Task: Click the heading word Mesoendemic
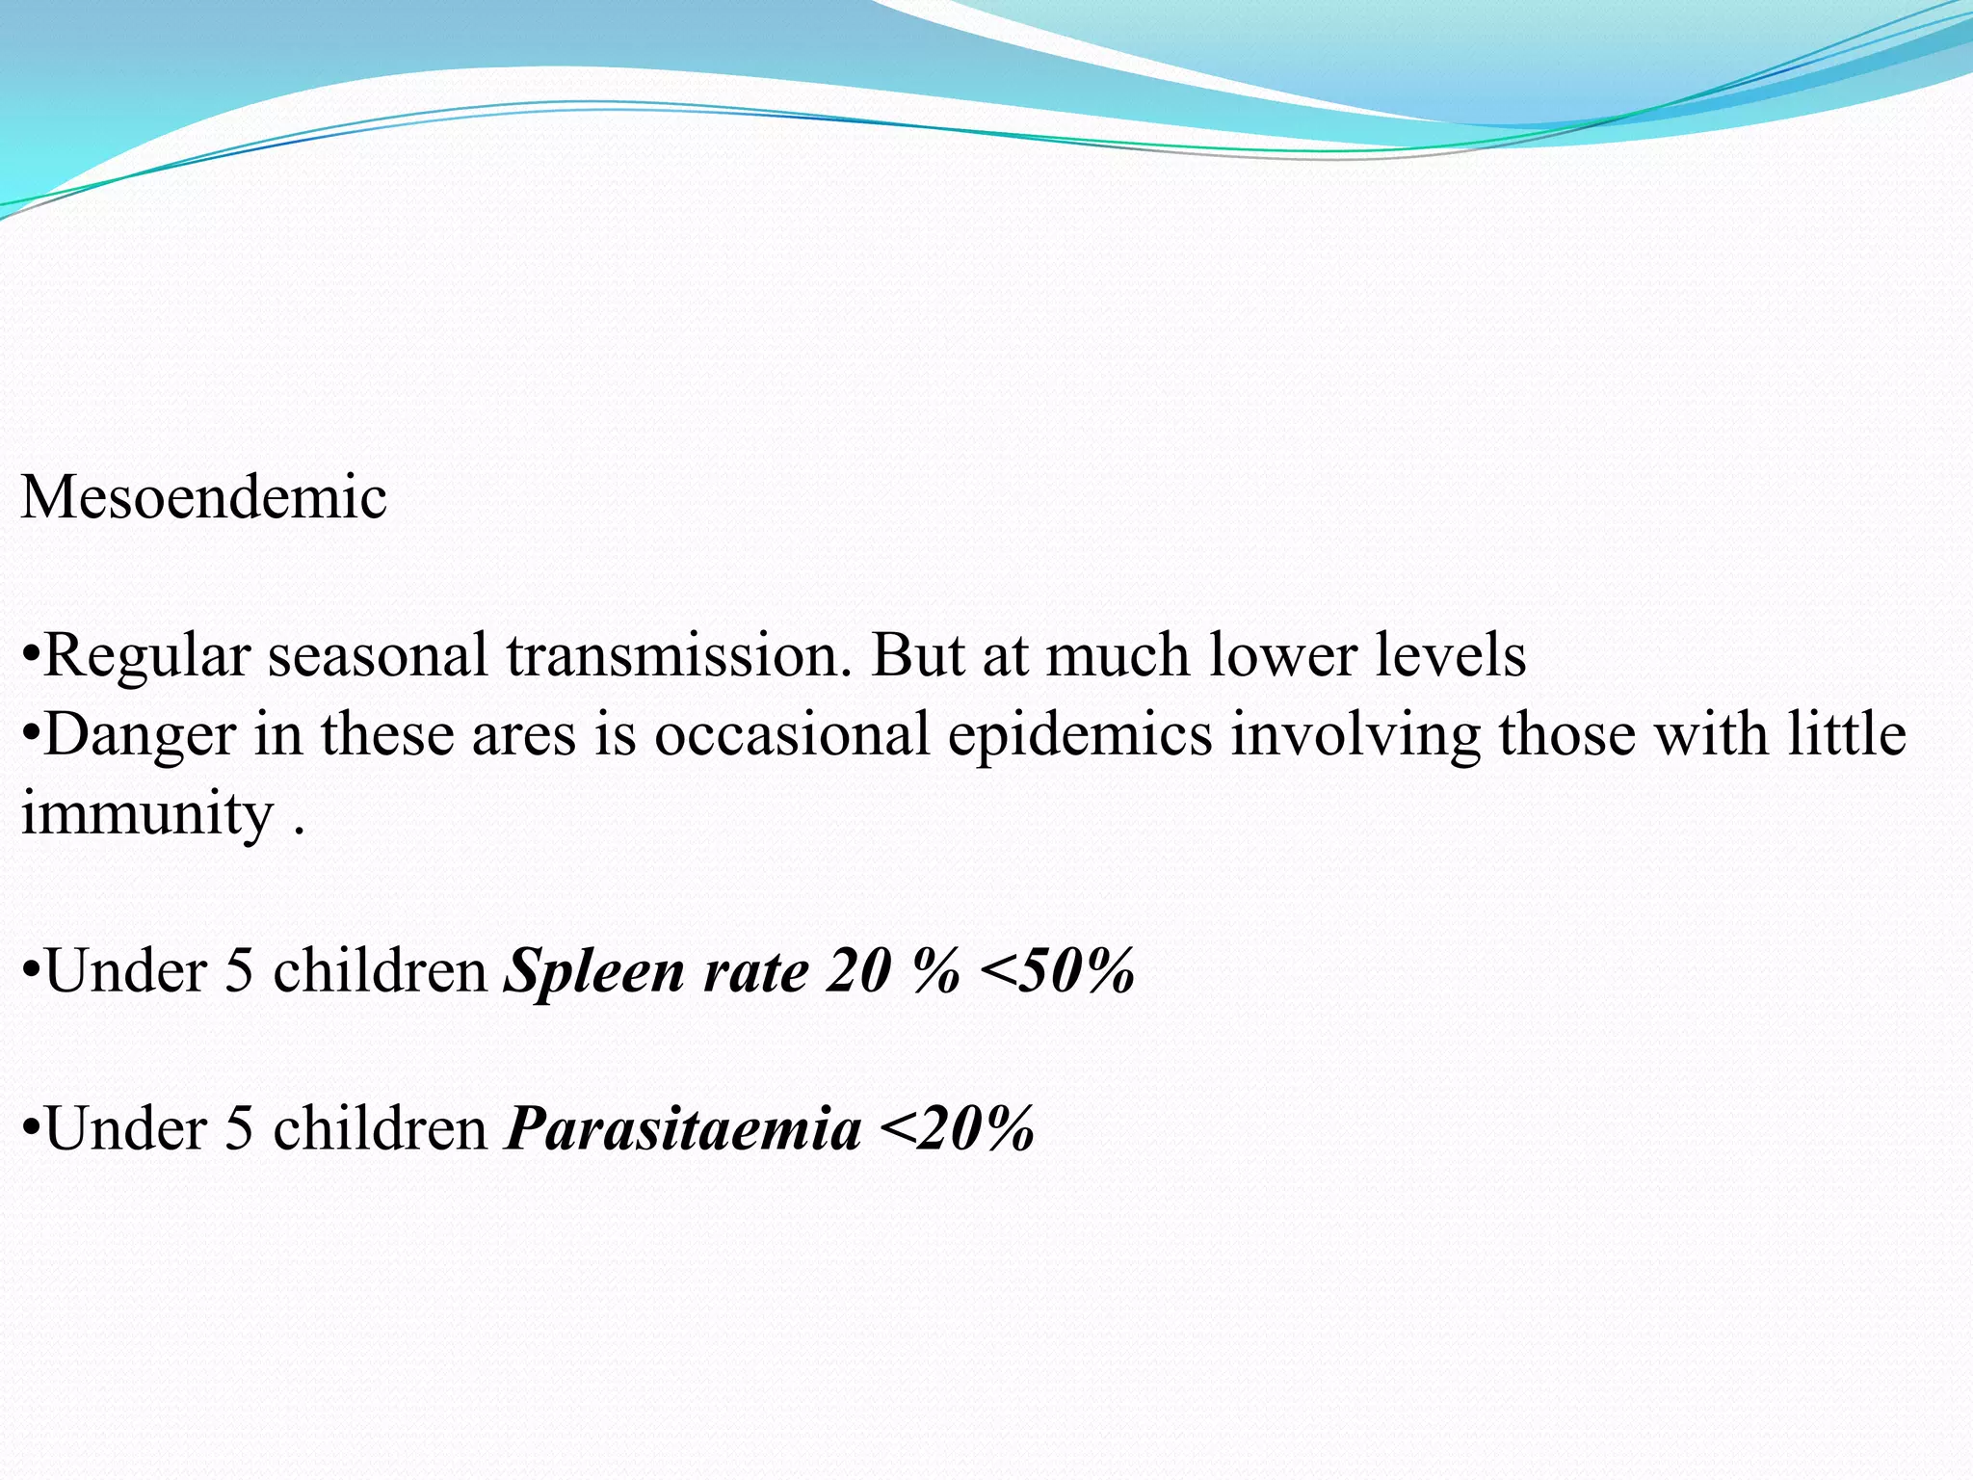(203, 498)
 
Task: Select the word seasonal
(378, 656)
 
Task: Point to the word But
(917, 656)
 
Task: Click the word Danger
(140, 736)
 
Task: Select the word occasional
(792, 736)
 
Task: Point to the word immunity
(147, 815)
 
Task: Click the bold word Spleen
(594, 971)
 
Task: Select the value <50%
(1057, 971)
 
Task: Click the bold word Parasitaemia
(683, 1129)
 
